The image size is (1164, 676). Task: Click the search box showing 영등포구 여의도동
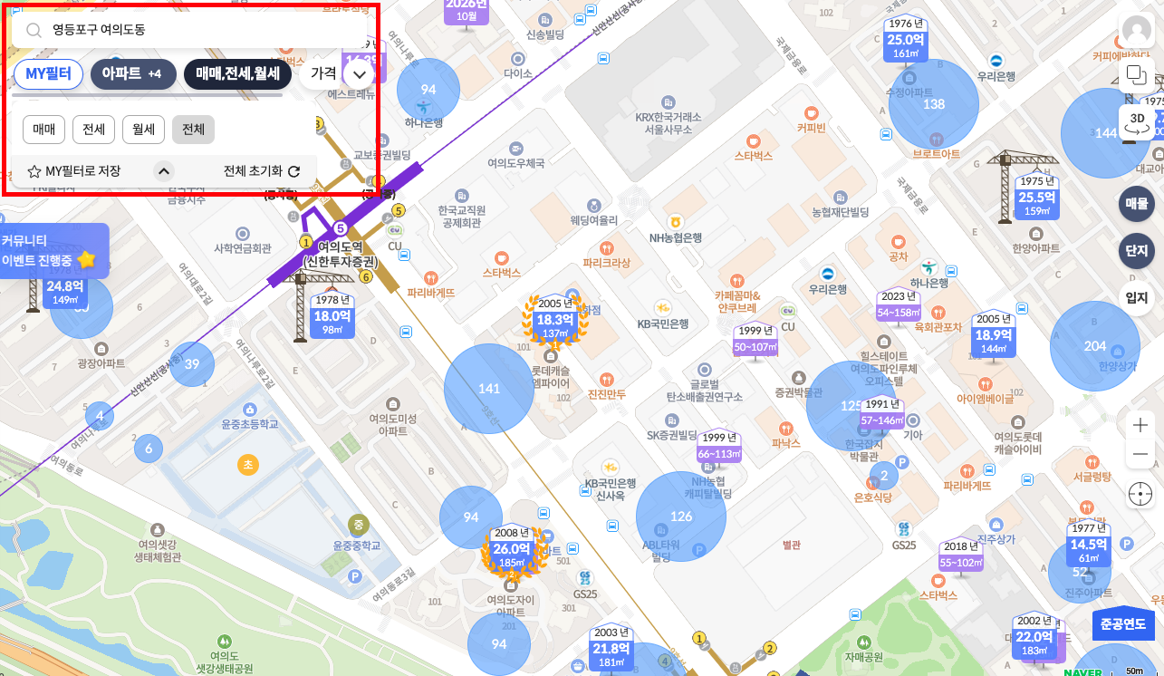(190, 30)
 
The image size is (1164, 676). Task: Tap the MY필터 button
(48, 74)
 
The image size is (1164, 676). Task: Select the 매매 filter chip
(43, 130)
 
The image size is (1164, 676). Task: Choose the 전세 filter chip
(93, 130)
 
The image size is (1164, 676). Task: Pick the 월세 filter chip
(143, 130)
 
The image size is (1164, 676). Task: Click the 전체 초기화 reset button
(262, 170)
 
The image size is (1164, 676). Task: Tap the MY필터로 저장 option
(74, 170)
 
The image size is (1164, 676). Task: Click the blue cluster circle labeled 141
(489, 389)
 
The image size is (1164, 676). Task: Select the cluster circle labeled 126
(681, 517)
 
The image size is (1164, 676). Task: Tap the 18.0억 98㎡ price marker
(332, 321)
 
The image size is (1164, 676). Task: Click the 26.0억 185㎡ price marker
(512, 554)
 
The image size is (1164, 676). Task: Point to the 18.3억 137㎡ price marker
(555, 324)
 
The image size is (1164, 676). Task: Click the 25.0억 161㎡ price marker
(905, 44)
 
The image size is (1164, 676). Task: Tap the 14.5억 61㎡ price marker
(1089, 549)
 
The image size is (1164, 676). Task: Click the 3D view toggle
(1138, 121)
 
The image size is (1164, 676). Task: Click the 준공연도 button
(1123, 623)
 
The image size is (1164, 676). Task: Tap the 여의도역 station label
(340, 253)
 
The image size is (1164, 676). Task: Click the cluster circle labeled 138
(934, 104)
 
